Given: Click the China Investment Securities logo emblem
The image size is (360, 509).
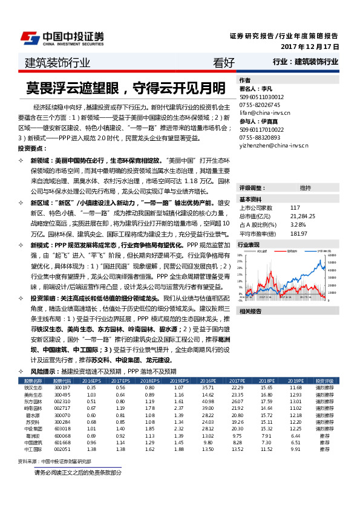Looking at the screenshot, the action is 30,38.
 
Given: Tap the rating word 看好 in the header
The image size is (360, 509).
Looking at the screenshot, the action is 224,62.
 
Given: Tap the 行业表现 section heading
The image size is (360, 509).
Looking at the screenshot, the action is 249,245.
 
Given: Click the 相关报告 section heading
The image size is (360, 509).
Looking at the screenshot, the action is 249,311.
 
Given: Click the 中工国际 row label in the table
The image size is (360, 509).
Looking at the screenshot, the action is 33,449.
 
